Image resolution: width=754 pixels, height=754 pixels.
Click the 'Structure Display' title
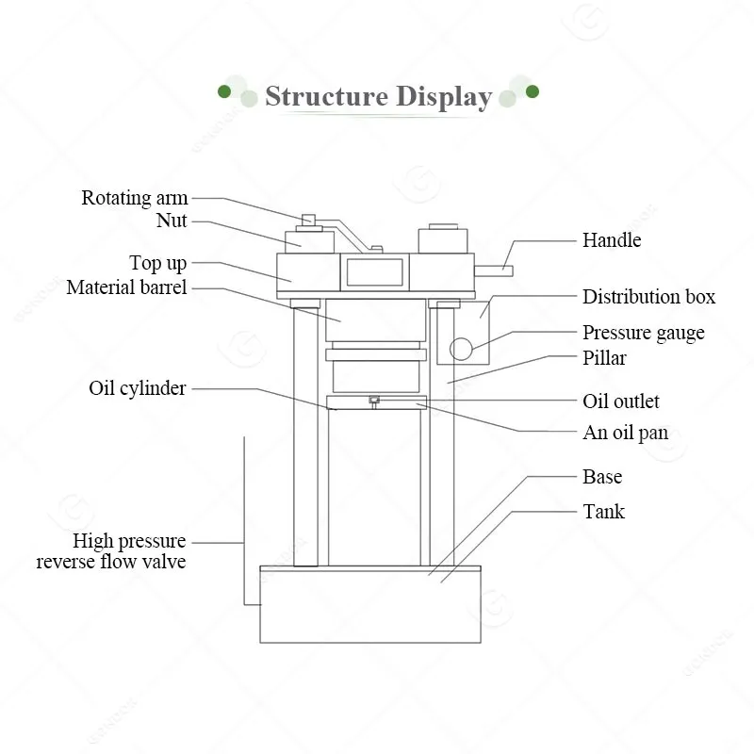tap(379, 96)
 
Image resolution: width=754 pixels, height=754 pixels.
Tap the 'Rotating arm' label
tap(134, 198)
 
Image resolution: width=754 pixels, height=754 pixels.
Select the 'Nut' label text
tap(172, 221)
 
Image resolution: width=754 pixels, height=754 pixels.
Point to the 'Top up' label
tap(157, 263)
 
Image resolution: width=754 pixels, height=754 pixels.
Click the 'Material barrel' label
tap(126, 287)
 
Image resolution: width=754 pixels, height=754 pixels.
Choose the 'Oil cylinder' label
tap(137, 388)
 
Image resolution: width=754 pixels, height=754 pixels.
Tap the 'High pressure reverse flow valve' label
tap(111, 551)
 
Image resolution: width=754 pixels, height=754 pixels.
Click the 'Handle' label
tap(612, 240)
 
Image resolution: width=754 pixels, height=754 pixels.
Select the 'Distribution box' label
tap(648, 297)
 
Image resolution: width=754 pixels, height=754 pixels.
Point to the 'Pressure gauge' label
tap(644, 333)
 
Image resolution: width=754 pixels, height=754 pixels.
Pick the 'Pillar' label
tap(604, 358)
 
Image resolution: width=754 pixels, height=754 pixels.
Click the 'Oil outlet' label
tap(621, 402)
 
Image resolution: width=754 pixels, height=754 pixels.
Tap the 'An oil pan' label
tap(625, 433)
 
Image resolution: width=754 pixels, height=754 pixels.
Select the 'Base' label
tap(602, 477)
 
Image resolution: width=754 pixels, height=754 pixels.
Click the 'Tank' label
tap(603, 511)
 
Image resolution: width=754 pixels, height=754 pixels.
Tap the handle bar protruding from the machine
tap(493, 271)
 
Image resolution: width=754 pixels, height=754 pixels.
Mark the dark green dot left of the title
tap(224, 91)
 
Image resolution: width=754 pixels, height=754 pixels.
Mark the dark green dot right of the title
tap(533, 91)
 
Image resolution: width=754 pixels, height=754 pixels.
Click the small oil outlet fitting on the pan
tap(374, 402)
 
